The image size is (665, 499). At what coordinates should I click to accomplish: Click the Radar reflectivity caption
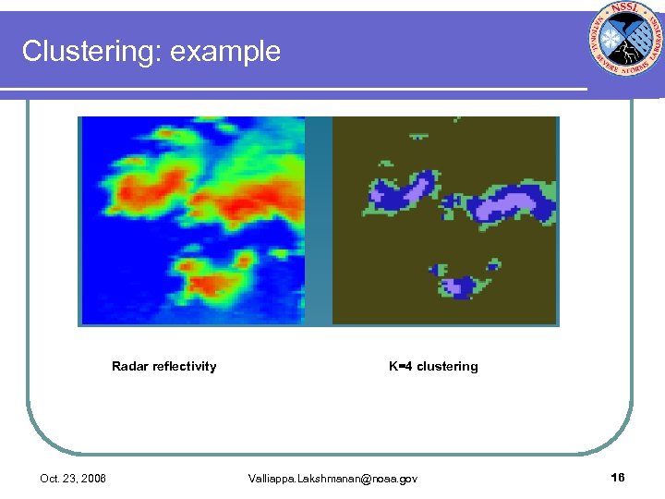pyautogui.click(x=163, y=367)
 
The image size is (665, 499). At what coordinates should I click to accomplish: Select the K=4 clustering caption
pyautogui.click(x=433, y=367)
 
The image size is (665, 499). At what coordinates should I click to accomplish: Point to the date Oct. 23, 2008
pyautogui.click(x=73, y=478)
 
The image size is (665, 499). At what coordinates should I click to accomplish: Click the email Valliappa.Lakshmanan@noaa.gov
pyautogui.click(x=332, y=478)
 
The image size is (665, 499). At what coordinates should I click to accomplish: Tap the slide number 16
pyautogui.click(x=618, y=477)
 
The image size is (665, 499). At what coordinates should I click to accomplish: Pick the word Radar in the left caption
pyautogui.click(x=128, y=367)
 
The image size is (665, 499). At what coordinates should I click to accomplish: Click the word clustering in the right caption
pyautogui.click(x=447, y=367)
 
